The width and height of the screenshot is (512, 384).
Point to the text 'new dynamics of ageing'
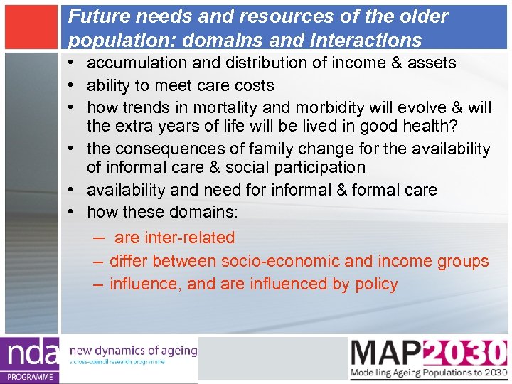coord(132,350)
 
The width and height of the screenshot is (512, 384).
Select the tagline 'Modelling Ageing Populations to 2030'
coord(428,373)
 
